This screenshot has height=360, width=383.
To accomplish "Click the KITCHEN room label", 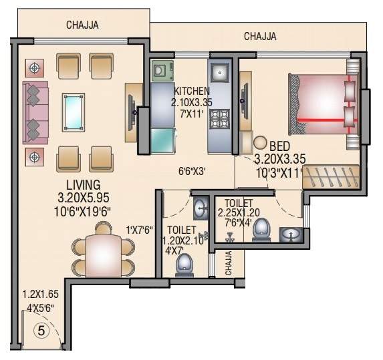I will click(x=192, y=91).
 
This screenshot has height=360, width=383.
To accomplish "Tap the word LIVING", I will click(x=83, y=184).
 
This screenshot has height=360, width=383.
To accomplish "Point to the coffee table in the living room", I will click(x=74, y=111).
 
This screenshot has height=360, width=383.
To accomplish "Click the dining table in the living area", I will click(x=104, y=255).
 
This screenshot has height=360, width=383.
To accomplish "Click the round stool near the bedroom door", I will click(x=260, y=143).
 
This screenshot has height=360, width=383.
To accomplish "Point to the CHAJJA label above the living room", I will click(x=84, y=25).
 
